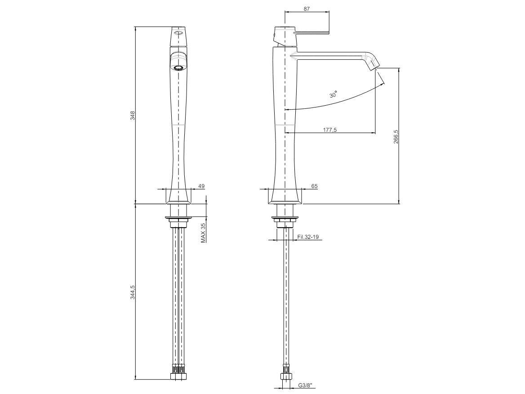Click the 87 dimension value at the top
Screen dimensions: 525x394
[307, 9]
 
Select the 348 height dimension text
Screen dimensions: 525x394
[133, 115]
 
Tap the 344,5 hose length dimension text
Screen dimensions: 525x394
[133, 292]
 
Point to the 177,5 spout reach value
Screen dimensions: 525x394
[330, 130]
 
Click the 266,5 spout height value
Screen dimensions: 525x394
[396, 137]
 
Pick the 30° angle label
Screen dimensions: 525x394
[333, 94]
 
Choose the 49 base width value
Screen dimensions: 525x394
[201, 186]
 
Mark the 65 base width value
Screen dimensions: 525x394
[314, 186]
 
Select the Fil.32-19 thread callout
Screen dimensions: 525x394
[308, 237]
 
